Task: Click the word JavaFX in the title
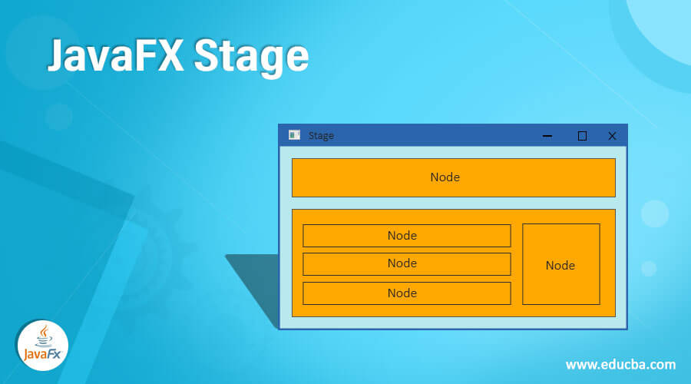coord(115,55)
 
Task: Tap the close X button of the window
coord(612,136)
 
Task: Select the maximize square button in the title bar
coord(582,136)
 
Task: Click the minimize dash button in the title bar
coord(547,136)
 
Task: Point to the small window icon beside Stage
coord(294,135)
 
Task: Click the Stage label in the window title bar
coord(321,136)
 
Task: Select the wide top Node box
coord(454,177)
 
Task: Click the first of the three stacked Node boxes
coord(407,236)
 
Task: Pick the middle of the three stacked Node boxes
coord(407,264)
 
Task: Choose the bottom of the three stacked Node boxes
coord(407,293)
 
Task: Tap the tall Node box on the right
coord(561,264)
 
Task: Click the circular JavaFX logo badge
coord(43,345)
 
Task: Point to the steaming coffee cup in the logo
coord(44,337)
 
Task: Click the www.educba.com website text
coord(620,365)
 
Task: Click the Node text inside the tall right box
coord(560,265)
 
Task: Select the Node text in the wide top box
coord(445,177)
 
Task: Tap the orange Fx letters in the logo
coord(54,354)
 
